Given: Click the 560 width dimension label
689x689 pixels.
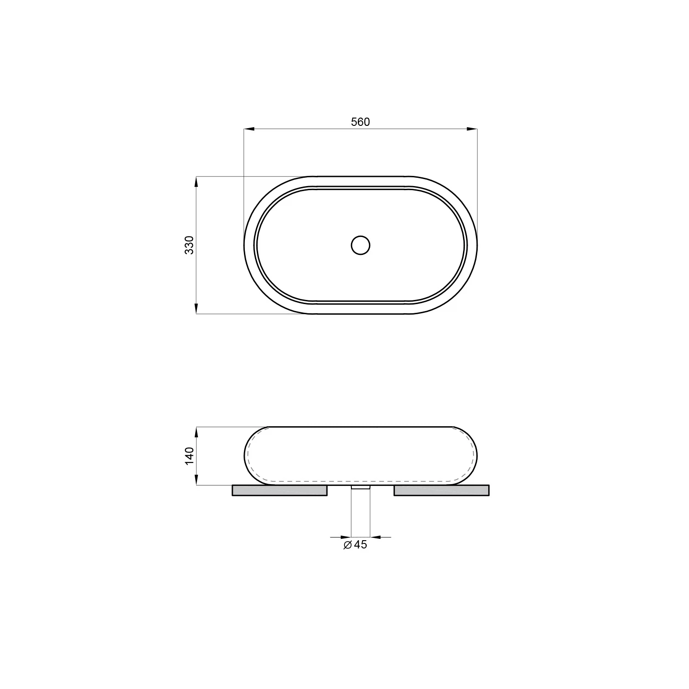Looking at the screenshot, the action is coord(360,122).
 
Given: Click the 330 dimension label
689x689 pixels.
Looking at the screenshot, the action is coord(190,245).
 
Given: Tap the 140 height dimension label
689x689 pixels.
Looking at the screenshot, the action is coord(190,456).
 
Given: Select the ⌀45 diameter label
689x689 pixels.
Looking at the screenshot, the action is coord(356,545).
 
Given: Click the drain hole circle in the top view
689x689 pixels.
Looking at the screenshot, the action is coord(361,245).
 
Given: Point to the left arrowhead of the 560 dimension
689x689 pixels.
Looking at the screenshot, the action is coord(249,129).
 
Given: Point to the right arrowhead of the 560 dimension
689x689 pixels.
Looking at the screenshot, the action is coord(472,129).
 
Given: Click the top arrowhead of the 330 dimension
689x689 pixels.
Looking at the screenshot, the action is coord(196,182).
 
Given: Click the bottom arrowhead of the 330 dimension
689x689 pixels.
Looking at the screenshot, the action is coord(196,308).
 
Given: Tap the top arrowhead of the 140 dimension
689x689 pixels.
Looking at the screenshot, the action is coord(196,433).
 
